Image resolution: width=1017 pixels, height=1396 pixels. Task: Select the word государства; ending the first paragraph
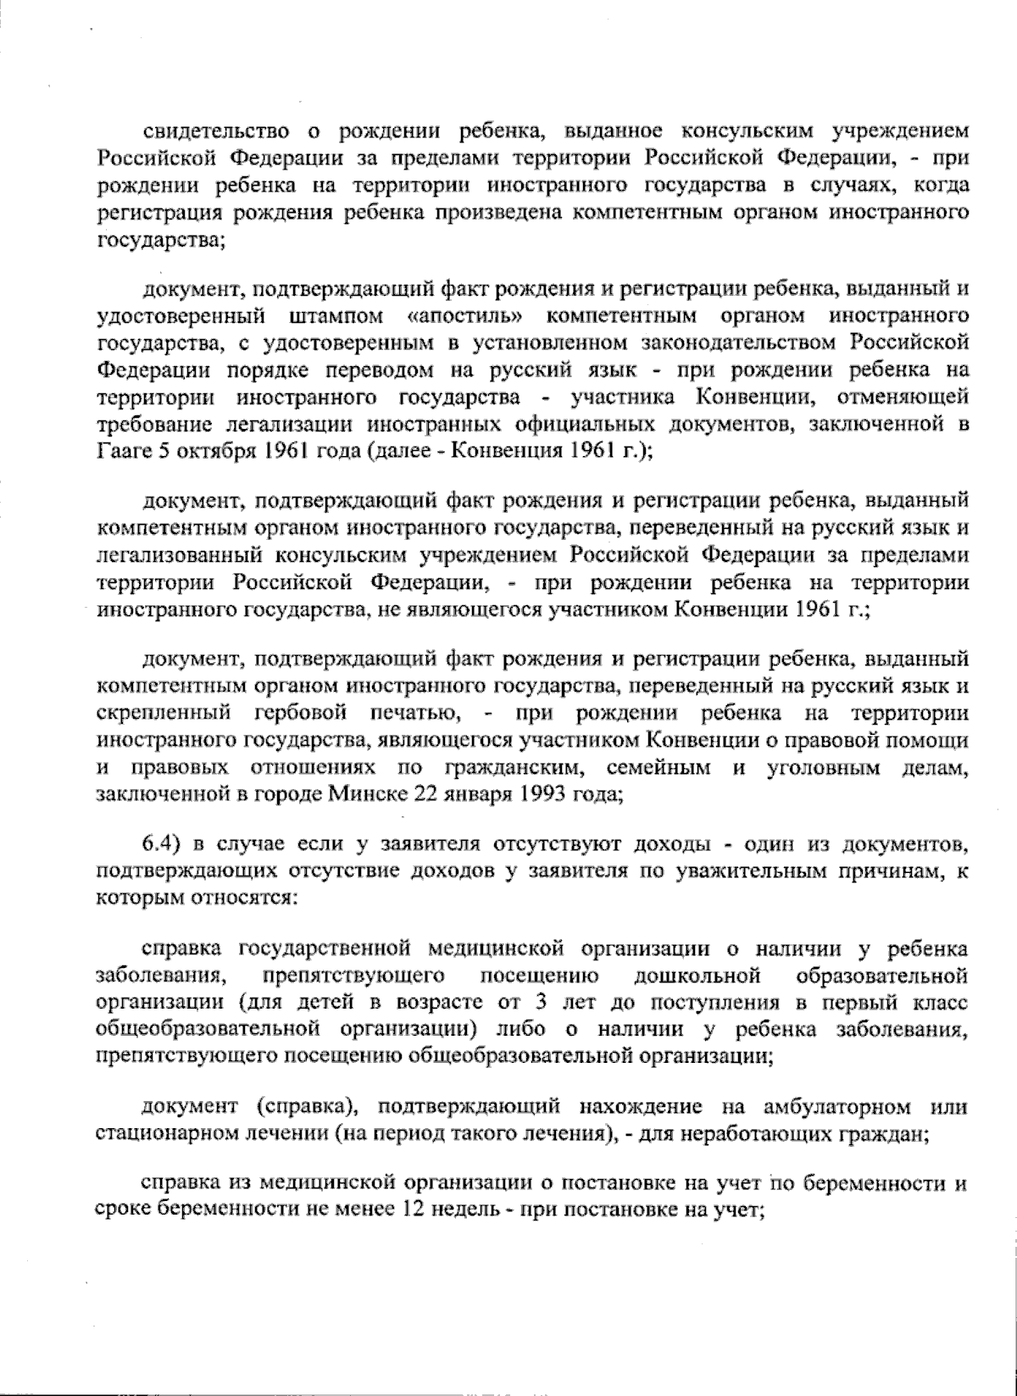point(160,240)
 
